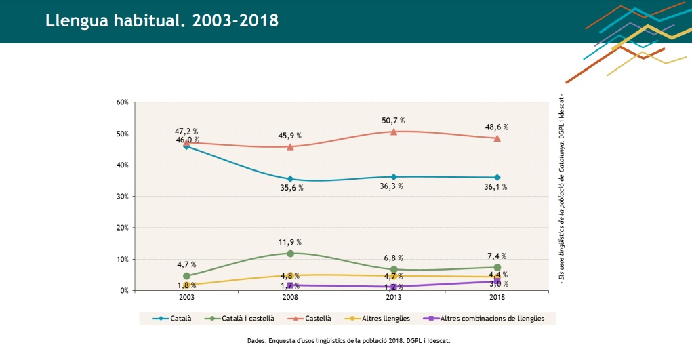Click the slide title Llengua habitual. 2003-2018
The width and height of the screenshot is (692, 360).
pyautogui.click(x=162, y=20)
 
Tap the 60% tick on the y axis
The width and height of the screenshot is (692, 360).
pyautogui.click(x=122, y=102)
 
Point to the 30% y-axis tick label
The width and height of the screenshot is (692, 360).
pyautogui.click(x=122, y=197)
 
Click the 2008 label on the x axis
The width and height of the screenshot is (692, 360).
pyautogui.click(x=290, y=298)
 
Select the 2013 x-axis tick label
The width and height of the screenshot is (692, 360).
pyautogui.click(x=393, y=298)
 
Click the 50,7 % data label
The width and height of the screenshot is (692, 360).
pyautogui.click(x=392, y=121)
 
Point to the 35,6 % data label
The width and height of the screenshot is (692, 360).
pyautogui.click(x=291, y=188)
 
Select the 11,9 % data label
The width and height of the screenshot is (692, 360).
pyautogui.click(x=289, y=242)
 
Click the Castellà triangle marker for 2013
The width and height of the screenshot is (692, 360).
pyautogui.click(x=394, y=132)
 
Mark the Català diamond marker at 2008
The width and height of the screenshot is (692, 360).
pyautogui.click(x=290, y=179)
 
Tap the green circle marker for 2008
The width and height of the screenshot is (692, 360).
pyautogui.click(x=290, y=254)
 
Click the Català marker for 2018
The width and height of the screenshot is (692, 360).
pyautogui.click(x=497, y=178)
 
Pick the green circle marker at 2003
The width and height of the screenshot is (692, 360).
pyautogui.click(x=186, y=276)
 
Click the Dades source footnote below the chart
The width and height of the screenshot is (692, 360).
pyautogui.click(x=349, y=340)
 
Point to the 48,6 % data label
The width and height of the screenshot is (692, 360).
pyautogui.click(x=497, y=127)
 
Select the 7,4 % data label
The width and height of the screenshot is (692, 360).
pyautogui.click(x=496, y=256)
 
